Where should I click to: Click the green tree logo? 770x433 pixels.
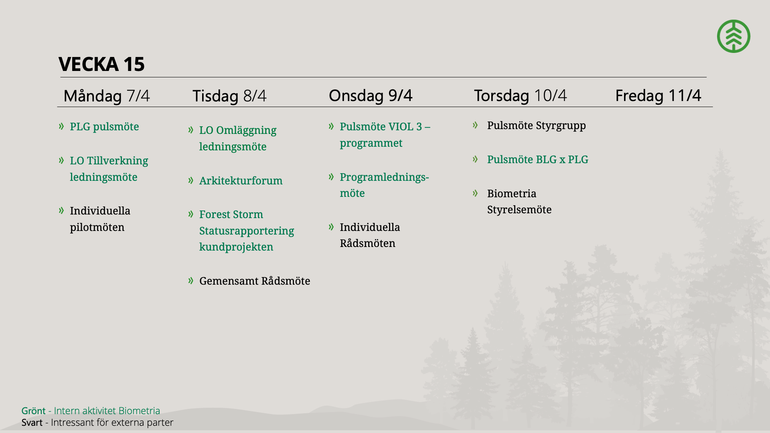point(734,36)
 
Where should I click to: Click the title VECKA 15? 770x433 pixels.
point(101,64)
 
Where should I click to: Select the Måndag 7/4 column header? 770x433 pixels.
point(107,96)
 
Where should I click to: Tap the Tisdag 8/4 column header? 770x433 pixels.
point(229,96)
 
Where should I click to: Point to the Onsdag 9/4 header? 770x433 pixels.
point(371,95)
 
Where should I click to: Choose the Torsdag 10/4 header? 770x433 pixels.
point(521,95)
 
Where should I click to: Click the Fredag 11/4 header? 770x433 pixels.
point(658,95)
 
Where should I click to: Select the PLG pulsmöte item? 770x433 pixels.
point(104,127)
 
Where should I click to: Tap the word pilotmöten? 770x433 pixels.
point(97,227)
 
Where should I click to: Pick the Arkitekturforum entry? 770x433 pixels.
point(241,181)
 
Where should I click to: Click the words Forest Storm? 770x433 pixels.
point(231,214)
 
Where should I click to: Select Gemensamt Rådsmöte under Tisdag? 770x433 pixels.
point(255,281)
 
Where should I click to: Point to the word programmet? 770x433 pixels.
point(371,143)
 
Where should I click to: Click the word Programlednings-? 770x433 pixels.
point(384,177)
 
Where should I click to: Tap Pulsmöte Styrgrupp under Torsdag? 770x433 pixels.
point(537,125)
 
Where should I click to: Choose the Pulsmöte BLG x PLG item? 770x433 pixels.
point(538,160)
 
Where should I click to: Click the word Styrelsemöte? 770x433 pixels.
point(519,210)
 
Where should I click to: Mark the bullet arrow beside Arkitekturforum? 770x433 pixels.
point(191,180)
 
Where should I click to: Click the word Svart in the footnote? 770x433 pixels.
point(32,423)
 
